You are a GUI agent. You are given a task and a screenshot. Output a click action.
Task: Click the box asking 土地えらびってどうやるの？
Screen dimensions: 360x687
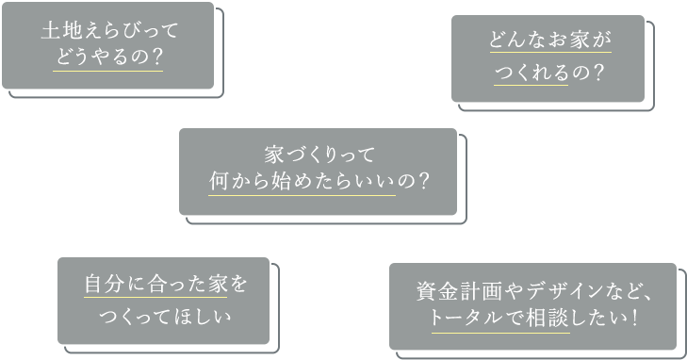click(107, 45)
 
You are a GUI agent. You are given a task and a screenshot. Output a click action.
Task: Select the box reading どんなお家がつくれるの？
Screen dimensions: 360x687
click(548, 57)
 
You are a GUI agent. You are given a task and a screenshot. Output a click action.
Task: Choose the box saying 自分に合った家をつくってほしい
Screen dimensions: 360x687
click(163, 299)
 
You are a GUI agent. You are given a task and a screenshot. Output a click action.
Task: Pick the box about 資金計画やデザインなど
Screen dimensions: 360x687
click(532, 305)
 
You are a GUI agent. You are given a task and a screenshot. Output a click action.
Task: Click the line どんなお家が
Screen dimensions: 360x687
click(549, 42)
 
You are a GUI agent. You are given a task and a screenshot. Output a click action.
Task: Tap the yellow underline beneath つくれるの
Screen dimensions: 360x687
click(532, 84)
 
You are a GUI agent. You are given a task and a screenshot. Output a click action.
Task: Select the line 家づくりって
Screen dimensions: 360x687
click(318, 155)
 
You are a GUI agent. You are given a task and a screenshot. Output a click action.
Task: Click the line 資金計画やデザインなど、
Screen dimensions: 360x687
click(532, 291)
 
